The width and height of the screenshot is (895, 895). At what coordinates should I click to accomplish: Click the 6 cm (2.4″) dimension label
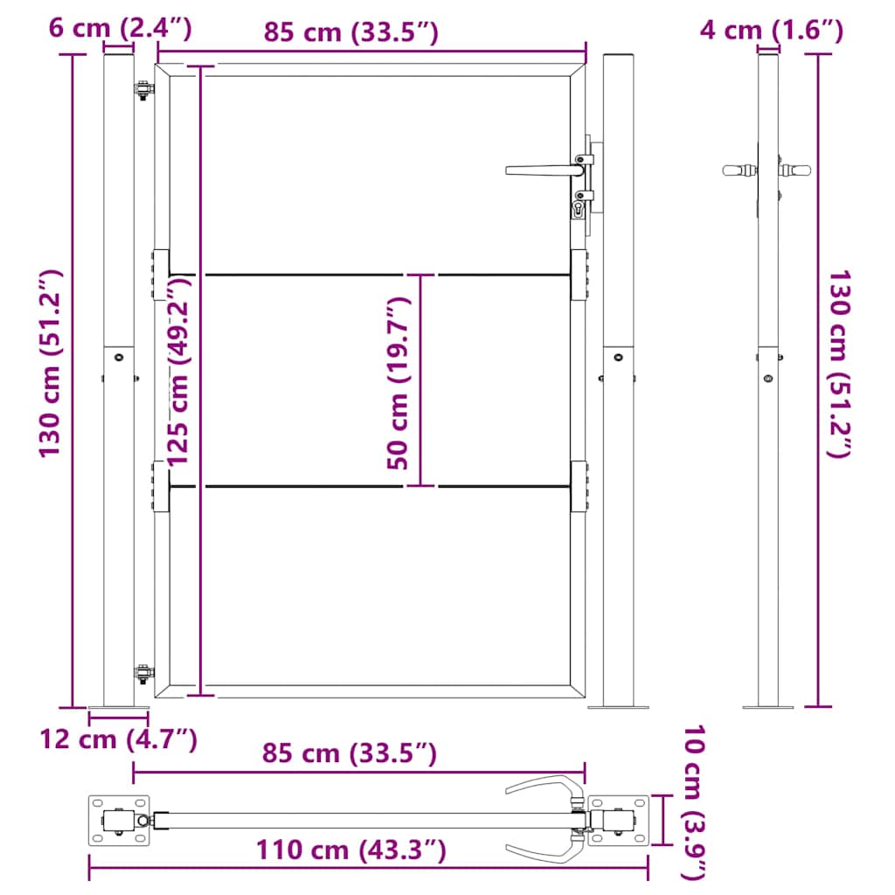pyautogui.click(x=120, y=30)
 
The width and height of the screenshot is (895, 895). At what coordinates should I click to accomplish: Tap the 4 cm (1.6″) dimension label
pyautogui.click(x=771, y=31)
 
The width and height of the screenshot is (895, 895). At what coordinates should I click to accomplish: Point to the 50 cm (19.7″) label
pyautogui.click(x=398, y=383)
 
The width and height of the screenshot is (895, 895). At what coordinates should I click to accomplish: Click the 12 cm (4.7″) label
pyautogui.click(x=118, y=739)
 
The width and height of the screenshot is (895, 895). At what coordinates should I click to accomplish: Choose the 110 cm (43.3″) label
pyautogui.click(x=351, y=850)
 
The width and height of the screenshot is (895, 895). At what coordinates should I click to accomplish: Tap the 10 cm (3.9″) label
pyautogui.click(x=694, y=800)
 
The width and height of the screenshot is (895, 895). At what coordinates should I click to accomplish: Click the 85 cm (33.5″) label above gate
pyautogui.click(x=350, y=32)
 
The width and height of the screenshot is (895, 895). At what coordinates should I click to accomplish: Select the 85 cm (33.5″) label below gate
pyautogui.click(x=350, y=753)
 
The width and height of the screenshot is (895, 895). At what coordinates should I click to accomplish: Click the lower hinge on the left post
pyautogui.click(x=142, y=673)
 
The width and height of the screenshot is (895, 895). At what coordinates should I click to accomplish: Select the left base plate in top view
pyautogui.click(x=119, y=820)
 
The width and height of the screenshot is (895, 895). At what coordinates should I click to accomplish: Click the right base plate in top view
pyautogui.click(x=619, y=821)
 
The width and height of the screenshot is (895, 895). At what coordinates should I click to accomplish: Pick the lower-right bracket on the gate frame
pyautogui.click(x=579, y=486)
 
